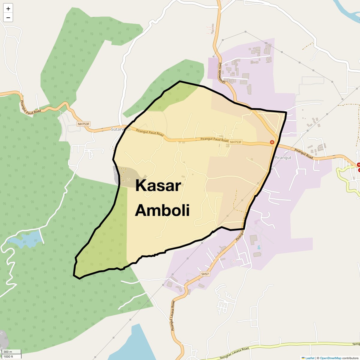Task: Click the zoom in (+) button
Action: (8, 9)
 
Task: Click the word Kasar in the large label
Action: (158, 185)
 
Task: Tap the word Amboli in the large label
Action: (162, 210)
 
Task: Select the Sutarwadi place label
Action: (121, 129)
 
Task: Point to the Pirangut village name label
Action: (283, 157)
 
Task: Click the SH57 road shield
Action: (205, 274)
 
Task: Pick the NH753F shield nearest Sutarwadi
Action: (84, 124)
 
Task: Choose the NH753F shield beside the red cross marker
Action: (236, 142)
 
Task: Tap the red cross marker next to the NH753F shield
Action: (272, 142)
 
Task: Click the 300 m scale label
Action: (8, 352)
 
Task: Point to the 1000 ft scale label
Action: (8, 356)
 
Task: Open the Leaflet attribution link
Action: (310, 358)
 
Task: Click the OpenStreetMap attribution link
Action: (330, 358)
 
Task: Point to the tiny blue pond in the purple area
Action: (259, 247)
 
